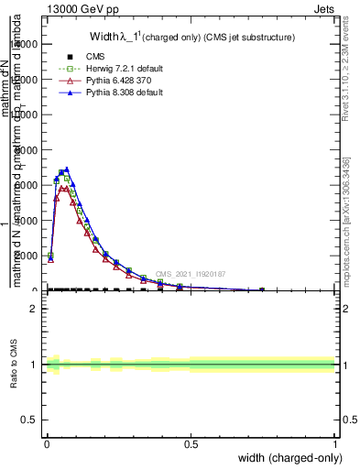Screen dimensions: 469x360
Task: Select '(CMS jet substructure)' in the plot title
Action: (x=243, y=38)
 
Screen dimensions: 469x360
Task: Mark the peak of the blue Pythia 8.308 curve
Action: (x=66, y=169)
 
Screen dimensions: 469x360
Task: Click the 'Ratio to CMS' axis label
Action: (x=14, y=365)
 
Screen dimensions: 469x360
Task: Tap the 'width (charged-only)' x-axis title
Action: (x=285, y=458)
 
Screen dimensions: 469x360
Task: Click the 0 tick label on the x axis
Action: (x=47, y=442)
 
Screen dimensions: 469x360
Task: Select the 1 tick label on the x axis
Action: (x=334, y=442)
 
